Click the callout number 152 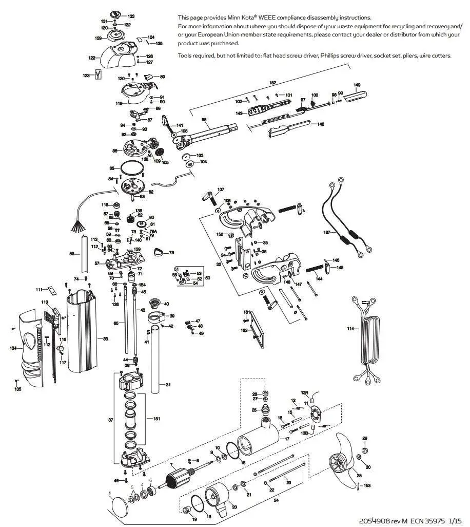[273, 82]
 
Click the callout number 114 [350, 328]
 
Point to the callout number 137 [327, 232]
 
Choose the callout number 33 [105, 339]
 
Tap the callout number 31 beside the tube [168, 385]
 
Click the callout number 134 [13, 348]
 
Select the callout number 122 [92, 58]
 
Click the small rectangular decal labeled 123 [97, 75]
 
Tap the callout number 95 [204, 120]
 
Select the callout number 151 [156, 419]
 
